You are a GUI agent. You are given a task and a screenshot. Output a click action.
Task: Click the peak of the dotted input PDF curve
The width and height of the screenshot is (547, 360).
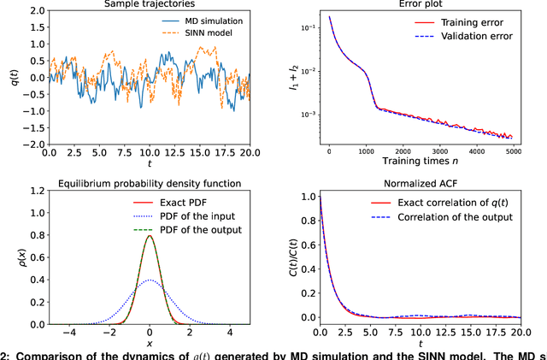coord(150,280)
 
